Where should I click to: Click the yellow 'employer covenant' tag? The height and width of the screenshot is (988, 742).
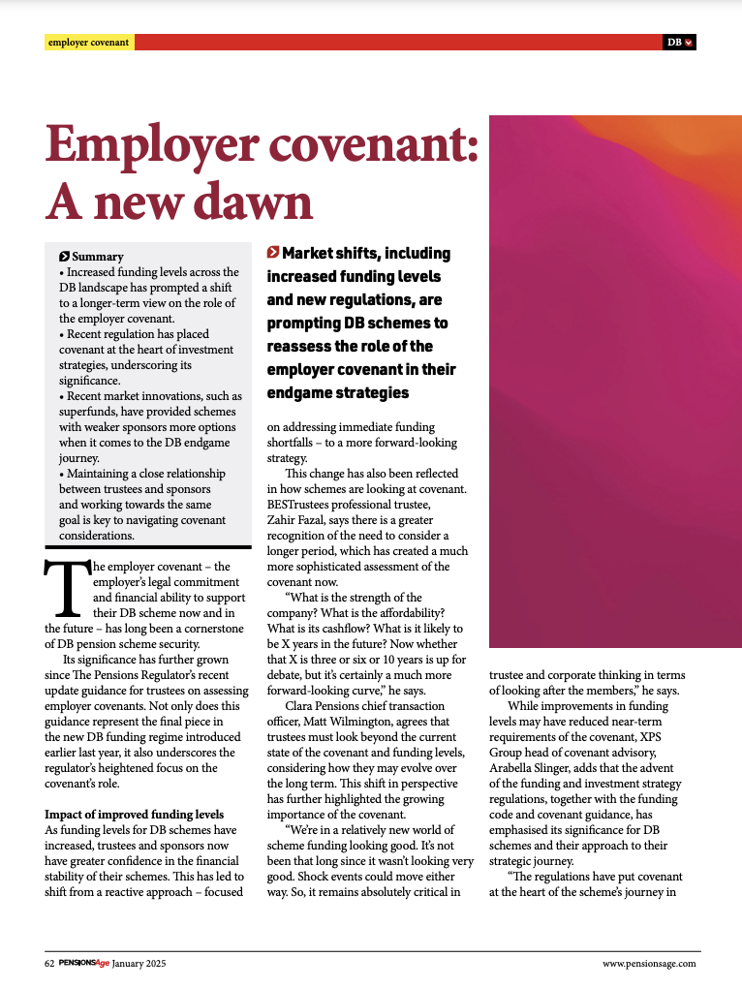[x=89, y=43]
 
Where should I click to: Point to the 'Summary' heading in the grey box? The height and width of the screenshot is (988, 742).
[x=97, y=257]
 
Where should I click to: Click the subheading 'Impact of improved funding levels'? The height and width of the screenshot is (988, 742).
[x=135, y=814]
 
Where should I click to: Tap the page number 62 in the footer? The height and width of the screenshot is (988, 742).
[x=49, y=964]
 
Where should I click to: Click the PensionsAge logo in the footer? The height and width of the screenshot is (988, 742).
[x=83, y=964]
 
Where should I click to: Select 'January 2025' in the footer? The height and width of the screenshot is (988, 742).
[x=141, y=964]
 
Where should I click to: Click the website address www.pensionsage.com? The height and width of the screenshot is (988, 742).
[x=649, y=964]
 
